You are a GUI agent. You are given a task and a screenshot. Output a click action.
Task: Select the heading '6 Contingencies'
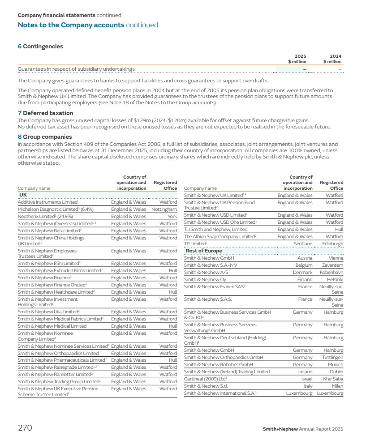click(x=40, y=47)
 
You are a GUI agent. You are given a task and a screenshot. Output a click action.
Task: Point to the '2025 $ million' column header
click(x=297, y=59)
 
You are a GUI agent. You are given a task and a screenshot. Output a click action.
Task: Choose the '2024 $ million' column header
click(x=332, y=59)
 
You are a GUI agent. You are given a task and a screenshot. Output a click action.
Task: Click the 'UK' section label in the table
click(x=23, y=195)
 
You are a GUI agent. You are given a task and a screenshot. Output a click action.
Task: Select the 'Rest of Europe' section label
click(x=204, y=251)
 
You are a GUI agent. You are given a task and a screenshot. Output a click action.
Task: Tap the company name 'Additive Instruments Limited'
click(x=47, y=202)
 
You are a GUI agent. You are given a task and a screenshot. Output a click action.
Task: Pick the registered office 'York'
click(x=172, y=217)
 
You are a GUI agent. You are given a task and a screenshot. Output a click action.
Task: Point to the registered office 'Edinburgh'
click(x=333, y=244)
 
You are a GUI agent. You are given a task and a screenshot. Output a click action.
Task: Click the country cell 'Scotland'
click(x=303, y=244)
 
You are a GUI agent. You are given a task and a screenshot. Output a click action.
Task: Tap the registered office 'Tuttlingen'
click(x=332, y=357)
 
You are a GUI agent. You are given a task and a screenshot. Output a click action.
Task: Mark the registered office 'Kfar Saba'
click(x=333, y=379)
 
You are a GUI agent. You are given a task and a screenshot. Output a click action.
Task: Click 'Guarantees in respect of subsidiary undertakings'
click(x=76, y=69)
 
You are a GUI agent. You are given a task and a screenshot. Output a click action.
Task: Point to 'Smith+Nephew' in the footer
click(x=280, y=429)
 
